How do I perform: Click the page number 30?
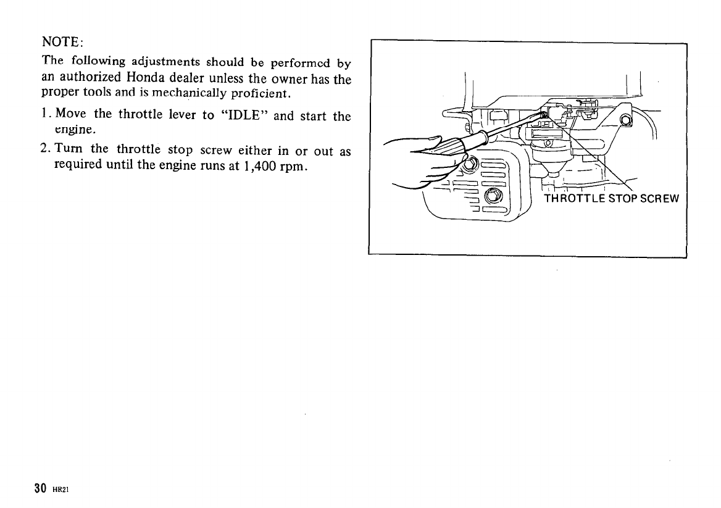click(41, 488)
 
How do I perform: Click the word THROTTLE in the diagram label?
click(572, 199)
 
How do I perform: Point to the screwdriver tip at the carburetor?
click(543, 114)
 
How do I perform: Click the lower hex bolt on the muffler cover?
click(493, 196)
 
